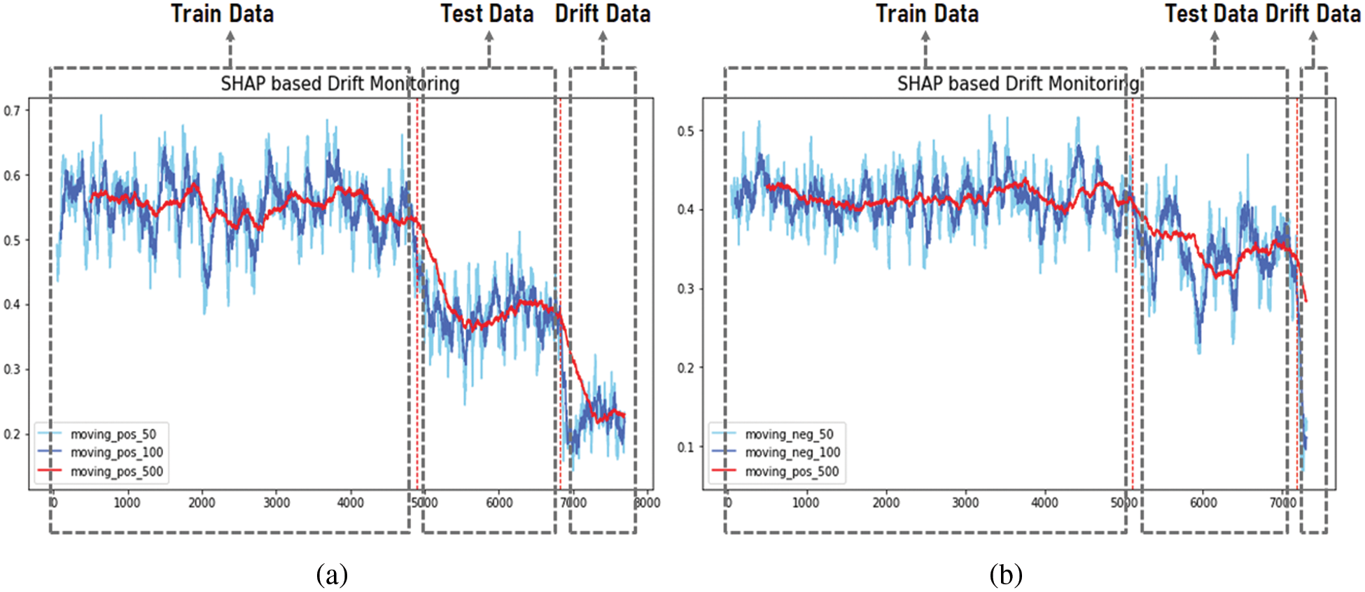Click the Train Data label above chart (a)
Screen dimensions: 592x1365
[222, 14]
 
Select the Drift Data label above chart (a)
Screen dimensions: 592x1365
[602, 14]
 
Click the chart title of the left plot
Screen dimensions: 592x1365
[340, 84]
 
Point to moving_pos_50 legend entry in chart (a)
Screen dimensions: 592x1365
[113, 435]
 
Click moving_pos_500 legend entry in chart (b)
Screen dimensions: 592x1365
[791, 472]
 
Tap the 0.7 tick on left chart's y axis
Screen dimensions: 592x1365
[12, 111]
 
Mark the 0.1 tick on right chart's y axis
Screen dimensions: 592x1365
[686, 447]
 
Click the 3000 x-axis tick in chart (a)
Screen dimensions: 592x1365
[276, 503]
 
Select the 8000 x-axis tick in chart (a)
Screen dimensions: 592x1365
[647, 503]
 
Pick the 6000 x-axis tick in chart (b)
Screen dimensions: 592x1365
[1203, 503]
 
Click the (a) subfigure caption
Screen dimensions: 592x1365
[332, 575]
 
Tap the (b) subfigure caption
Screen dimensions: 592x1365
[1006, 575]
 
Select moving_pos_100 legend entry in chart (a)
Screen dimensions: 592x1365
[116, 453]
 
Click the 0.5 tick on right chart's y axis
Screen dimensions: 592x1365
[686, 132]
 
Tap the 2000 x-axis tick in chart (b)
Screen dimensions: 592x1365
[885, 503]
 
